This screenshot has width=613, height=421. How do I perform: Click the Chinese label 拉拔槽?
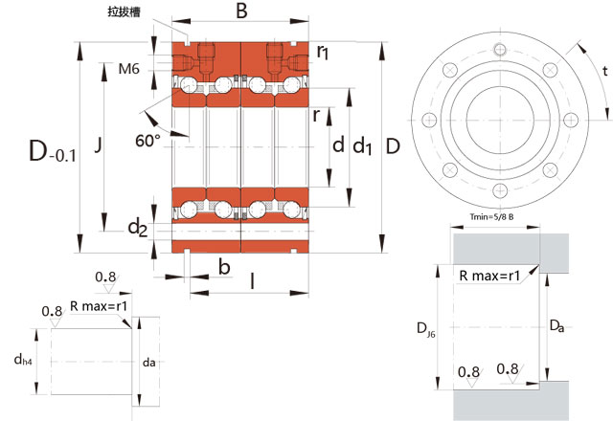point(125,12)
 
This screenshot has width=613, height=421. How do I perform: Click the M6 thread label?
point(129,69)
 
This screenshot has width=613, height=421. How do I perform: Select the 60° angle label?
point(148,141)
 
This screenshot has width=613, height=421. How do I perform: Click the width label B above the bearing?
point(241,12)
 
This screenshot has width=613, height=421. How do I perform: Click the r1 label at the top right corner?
point(324,51)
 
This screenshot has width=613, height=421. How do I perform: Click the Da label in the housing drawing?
point(556,326)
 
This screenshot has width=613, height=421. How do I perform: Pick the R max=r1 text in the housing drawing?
point(489,276)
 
